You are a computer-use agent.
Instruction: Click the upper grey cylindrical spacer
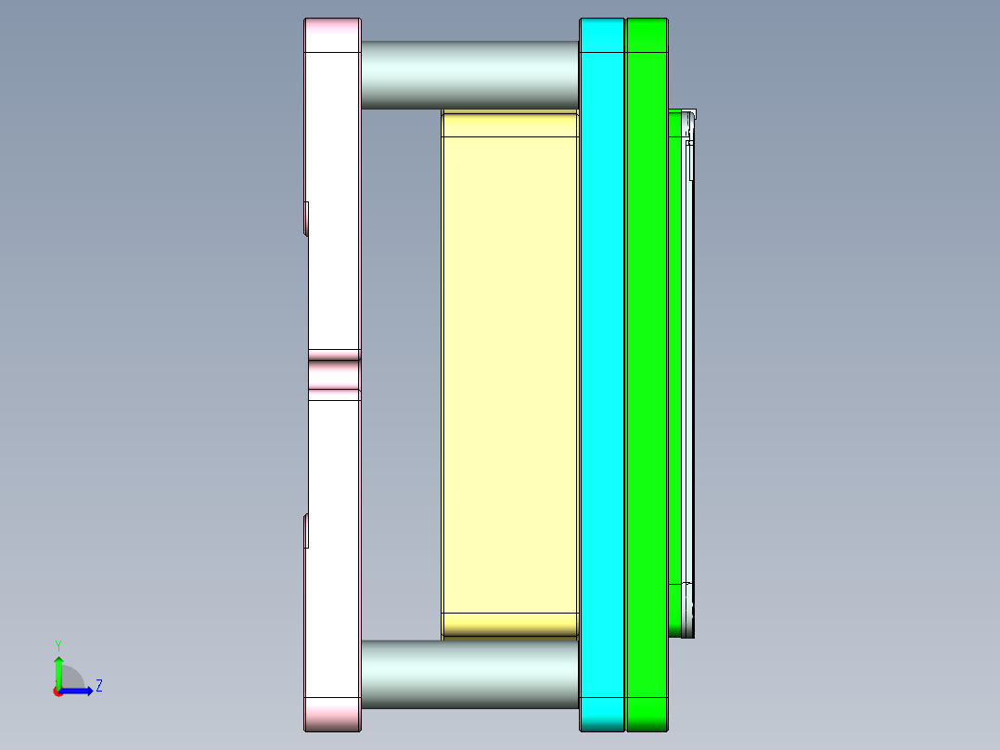click(x=468, y=74)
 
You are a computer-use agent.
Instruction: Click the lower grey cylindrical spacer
click(x=468, y=674)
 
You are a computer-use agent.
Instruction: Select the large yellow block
click(x=510, y=371)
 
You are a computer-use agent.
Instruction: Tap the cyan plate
click(x=603, y=371)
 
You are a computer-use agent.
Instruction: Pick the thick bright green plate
click(x=647, y=371)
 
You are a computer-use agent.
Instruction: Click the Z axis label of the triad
click(x=99, y=686)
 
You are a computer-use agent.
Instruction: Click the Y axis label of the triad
click(x=58, y=644)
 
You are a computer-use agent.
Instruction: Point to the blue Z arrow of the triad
click(x=80, y=691)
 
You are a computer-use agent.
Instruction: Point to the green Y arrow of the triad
click(x=58, y=670)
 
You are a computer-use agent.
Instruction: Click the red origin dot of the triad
click(x=58, y=692)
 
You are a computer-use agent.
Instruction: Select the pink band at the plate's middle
click(x=333, y=375)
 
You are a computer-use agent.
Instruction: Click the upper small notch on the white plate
click(x=306, y=218)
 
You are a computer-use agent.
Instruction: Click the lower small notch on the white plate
click(x=306, y=530)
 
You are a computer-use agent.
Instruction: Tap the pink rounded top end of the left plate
click(x=332, y=35)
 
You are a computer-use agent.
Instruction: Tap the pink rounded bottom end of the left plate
click(x=332, y=714)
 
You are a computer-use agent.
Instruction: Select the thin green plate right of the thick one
click(x=674, y=371)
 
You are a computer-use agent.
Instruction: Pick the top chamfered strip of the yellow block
click(x=510, y=123)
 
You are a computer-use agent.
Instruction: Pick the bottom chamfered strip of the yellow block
click(x=510, y=625)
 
